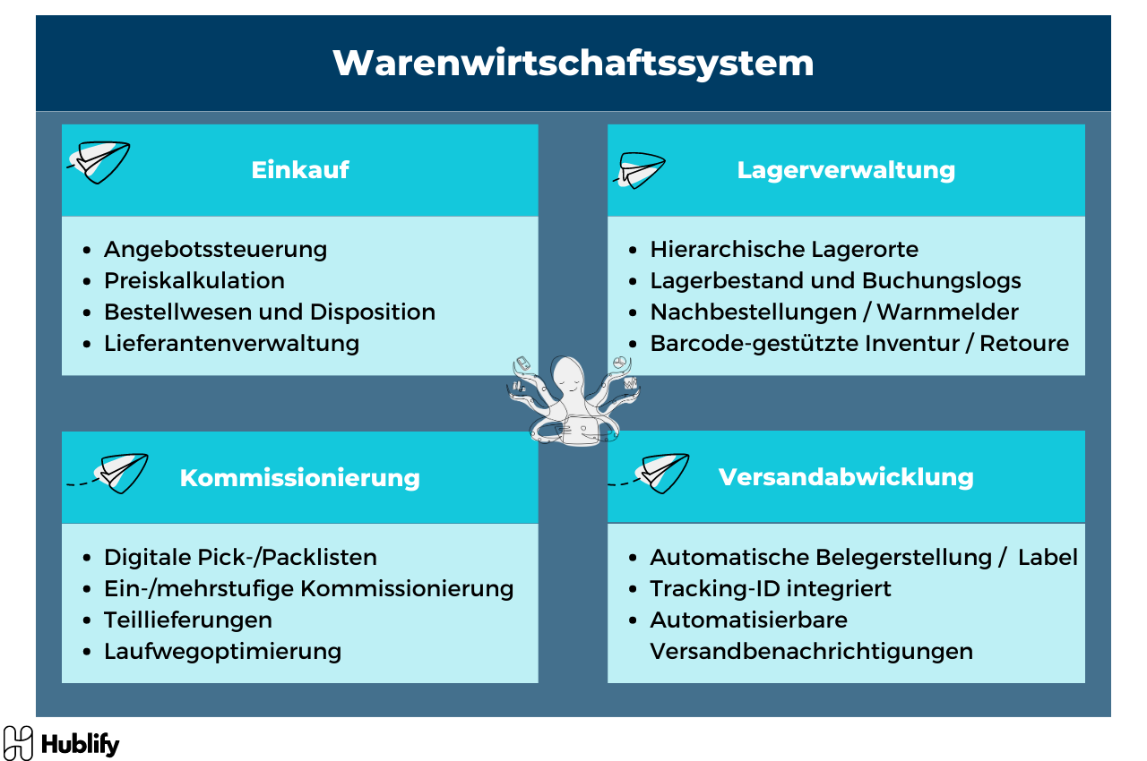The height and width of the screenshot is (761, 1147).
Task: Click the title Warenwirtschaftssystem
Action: click(x=573, y=64)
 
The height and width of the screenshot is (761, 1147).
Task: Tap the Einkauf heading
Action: click(x=300, y=170)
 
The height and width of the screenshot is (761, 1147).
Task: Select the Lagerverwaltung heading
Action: click(x=846, y=170)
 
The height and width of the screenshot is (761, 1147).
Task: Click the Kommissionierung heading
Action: click(x=300, y=477)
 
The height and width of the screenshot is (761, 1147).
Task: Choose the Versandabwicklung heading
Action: click(x=846, y=476)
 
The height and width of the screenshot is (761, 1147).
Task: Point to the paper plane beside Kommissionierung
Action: click(x=119, y=473)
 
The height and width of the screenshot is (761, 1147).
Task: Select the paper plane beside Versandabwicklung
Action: click(x=661, y=472)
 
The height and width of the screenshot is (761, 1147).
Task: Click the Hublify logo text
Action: click(x=80, y=744)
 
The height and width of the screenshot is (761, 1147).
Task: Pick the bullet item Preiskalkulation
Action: click(x=194, y=280)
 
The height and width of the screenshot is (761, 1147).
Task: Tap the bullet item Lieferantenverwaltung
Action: click(x=231, y=343)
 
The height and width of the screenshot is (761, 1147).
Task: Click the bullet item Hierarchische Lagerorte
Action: click(x=784, y=249)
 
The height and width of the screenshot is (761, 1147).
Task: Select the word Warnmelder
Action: click(x=947, y=312)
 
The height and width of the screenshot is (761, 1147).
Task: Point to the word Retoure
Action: click(x=1024, y=343)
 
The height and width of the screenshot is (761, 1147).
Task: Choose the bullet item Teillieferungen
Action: click(x=188, y=620)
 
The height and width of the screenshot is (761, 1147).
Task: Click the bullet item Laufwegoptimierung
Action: click(x=222, y=651)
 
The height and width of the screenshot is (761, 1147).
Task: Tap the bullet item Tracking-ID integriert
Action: click(x=771, y=588)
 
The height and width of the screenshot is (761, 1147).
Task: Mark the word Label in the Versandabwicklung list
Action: click(x=1048, y=557)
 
